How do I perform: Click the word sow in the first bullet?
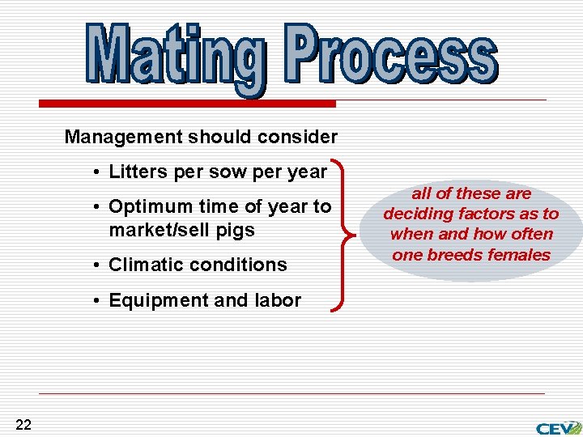pos(224,172)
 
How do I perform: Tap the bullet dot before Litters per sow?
pos(96,172)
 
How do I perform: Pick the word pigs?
pos(235,231)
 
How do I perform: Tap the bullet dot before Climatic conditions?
pos(96,265)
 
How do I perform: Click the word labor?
pos(278,300)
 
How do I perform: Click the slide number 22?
pos(23,425)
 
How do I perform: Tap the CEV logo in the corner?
pos(558,426)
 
